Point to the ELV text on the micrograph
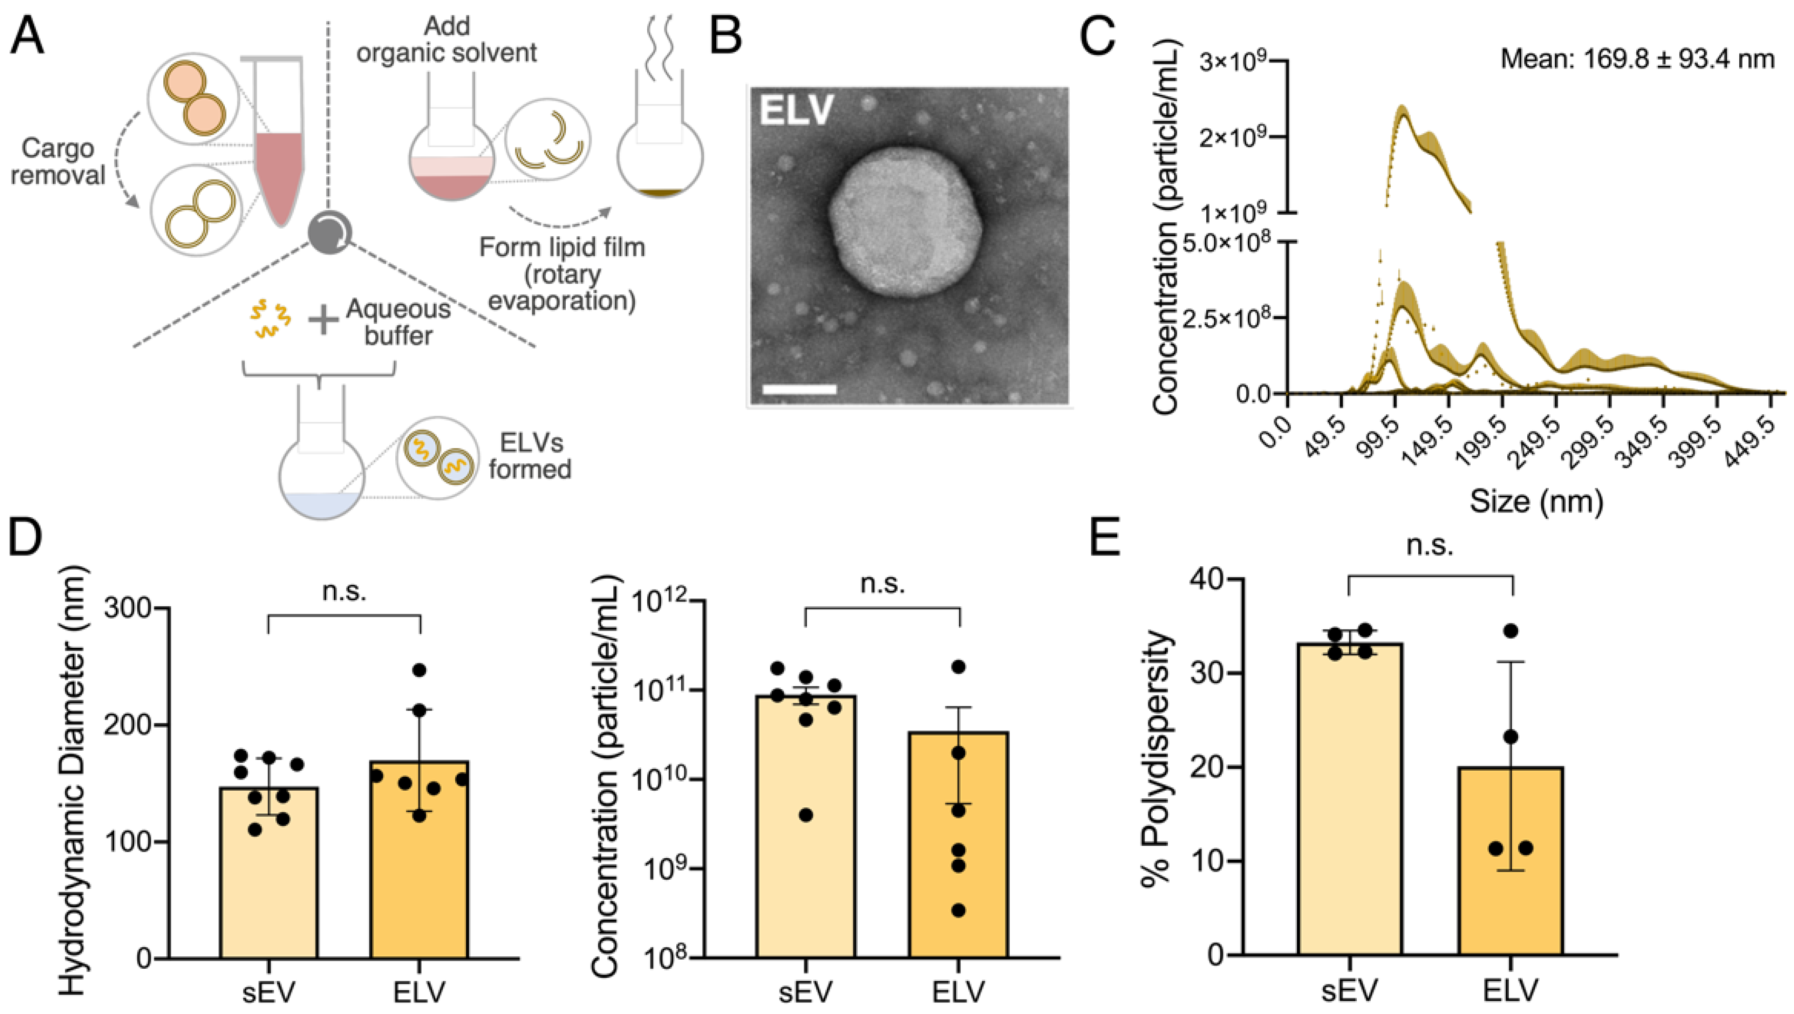[x=796, y=110]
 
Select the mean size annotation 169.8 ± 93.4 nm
[x=1637, y=59]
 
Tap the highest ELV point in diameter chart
[x=419, y=670]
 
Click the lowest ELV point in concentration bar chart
[x=959, y=910]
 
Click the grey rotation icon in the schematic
[x=330, y=232]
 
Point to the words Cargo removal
[x=58, y=161]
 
